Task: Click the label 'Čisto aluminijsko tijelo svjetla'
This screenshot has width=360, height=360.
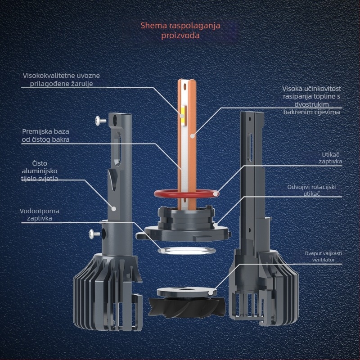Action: click(x=40, y=171)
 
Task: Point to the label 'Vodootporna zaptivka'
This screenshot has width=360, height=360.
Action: click(x=40, y=214)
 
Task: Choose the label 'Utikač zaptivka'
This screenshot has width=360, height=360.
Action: click(x=330, y=157)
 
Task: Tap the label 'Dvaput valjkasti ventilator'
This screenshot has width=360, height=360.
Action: click(x=323, y=256)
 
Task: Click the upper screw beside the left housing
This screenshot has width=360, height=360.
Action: click(x=99, y=120)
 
